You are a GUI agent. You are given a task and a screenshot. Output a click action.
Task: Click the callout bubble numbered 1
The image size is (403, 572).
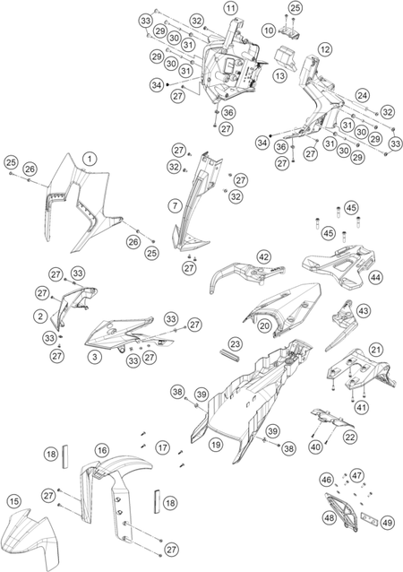(90, 159)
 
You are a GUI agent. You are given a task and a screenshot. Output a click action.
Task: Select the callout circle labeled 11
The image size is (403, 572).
(230, 8)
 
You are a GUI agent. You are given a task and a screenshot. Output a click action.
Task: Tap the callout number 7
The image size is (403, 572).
(176, 205)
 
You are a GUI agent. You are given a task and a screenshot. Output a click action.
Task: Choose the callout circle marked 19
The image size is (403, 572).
(216, 445)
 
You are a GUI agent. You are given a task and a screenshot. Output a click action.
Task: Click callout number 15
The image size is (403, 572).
(14, 501)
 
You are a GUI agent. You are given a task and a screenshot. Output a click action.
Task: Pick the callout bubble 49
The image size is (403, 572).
(387, 523)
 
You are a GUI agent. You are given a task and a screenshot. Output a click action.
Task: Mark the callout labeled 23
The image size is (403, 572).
(236, 343)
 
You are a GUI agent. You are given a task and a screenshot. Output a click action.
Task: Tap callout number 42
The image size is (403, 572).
(264, 256)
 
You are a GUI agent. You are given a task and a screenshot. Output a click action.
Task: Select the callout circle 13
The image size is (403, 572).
(280, 76)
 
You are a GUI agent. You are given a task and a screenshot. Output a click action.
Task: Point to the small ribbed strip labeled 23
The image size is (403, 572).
(229, 356)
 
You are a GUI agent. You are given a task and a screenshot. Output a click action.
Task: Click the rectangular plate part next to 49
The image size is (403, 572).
(369, 517)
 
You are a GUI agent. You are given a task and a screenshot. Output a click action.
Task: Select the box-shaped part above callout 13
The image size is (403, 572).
(285, 57)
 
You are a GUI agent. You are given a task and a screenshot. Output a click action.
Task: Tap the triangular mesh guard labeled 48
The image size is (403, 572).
(341, 512)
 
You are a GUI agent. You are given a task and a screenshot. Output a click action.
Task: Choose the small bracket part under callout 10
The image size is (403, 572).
(289, 32)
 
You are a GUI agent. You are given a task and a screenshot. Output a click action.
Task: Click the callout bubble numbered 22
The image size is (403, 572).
(350, 437)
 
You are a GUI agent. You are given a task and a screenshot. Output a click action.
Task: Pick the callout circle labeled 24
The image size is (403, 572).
(362, 96)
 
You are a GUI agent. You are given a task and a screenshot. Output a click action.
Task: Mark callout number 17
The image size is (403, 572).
(162, 447)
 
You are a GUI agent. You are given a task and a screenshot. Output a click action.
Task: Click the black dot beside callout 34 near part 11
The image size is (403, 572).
(167, 84)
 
